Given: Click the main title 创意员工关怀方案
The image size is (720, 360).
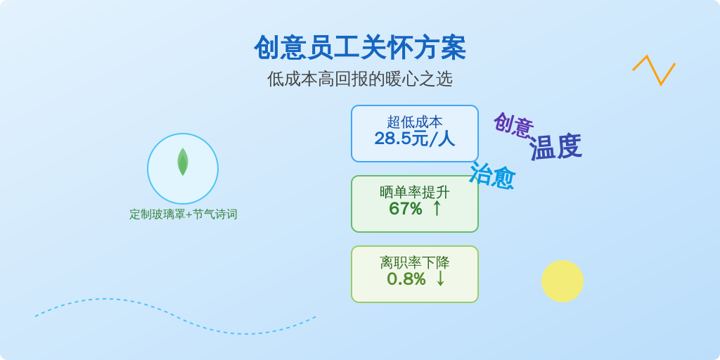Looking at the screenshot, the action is (360, 47).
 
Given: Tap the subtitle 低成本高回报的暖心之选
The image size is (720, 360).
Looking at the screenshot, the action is (360, 79).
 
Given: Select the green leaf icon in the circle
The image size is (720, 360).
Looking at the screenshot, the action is (183, 162).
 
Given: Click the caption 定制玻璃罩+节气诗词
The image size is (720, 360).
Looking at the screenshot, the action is (184, 214).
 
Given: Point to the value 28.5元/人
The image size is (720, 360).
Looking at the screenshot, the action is (415, 139).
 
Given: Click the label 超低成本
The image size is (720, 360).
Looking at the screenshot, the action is (415, 122).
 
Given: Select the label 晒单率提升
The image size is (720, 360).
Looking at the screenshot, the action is (415, 192).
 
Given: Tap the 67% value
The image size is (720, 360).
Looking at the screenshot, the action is (406, 209).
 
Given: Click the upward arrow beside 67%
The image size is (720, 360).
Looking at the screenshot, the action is (437, 208).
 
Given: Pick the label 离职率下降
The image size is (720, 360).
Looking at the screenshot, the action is (415, 262).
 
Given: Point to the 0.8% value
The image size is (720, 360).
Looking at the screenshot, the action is (406, 279).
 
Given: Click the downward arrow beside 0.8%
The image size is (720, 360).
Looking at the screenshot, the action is (440, 278).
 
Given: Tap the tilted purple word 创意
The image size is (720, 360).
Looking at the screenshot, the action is (513, 125).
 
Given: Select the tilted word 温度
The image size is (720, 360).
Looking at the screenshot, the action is (555, 147).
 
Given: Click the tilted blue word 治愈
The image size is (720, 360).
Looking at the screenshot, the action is (492, 175).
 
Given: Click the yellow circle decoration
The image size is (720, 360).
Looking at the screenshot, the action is (562, 281).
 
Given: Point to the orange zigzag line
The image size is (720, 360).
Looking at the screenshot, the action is (654, 70).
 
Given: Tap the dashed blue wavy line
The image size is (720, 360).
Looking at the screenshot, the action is (175, 316).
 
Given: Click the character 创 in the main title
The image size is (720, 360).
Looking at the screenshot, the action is (267, 47).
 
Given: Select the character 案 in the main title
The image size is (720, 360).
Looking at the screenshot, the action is (454, 47).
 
